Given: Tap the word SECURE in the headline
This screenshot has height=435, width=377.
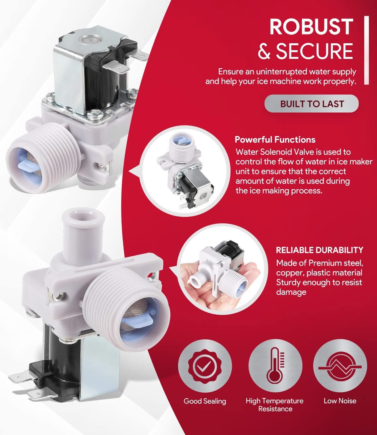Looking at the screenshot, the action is pos(314,51).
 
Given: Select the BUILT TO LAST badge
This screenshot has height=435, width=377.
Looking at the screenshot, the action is pos(311,104).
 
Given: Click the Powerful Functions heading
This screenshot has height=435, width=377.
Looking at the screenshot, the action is pos(275,139).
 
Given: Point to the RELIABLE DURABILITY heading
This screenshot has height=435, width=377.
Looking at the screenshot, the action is pos(320,250).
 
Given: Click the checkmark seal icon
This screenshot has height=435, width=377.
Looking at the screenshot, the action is pos(205,367).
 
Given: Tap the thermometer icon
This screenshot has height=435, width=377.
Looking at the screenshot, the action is pos(275,366).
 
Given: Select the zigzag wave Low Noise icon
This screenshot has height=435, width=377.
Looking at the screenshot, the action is pos(340,366).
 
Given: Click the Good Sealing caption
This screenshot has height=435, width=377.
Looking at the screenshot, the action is pos(205,401).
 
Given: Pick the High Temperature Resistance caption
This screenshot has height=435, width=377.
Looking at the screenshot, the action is pos(275,405).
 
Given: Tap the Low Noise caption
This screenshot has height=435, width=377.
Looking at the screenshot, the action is pos(340,401).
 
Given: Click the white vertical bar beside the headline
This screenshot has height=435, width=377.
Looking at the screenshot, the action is pos(367,50).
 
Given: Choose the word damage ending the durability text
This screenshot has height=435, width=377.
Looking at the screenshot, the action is pos(291,292).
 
